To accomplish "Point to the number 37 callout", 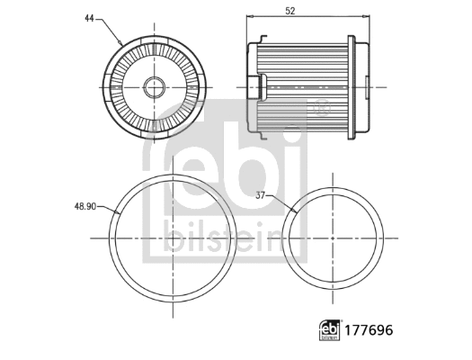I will pyautogui.click(x=261, y=195).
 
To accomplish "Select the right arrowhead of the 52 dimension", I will pyautogui.click(x=367, y=17).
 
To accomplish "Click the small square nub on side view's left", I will pyautogui.click(x=266, y=86).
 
